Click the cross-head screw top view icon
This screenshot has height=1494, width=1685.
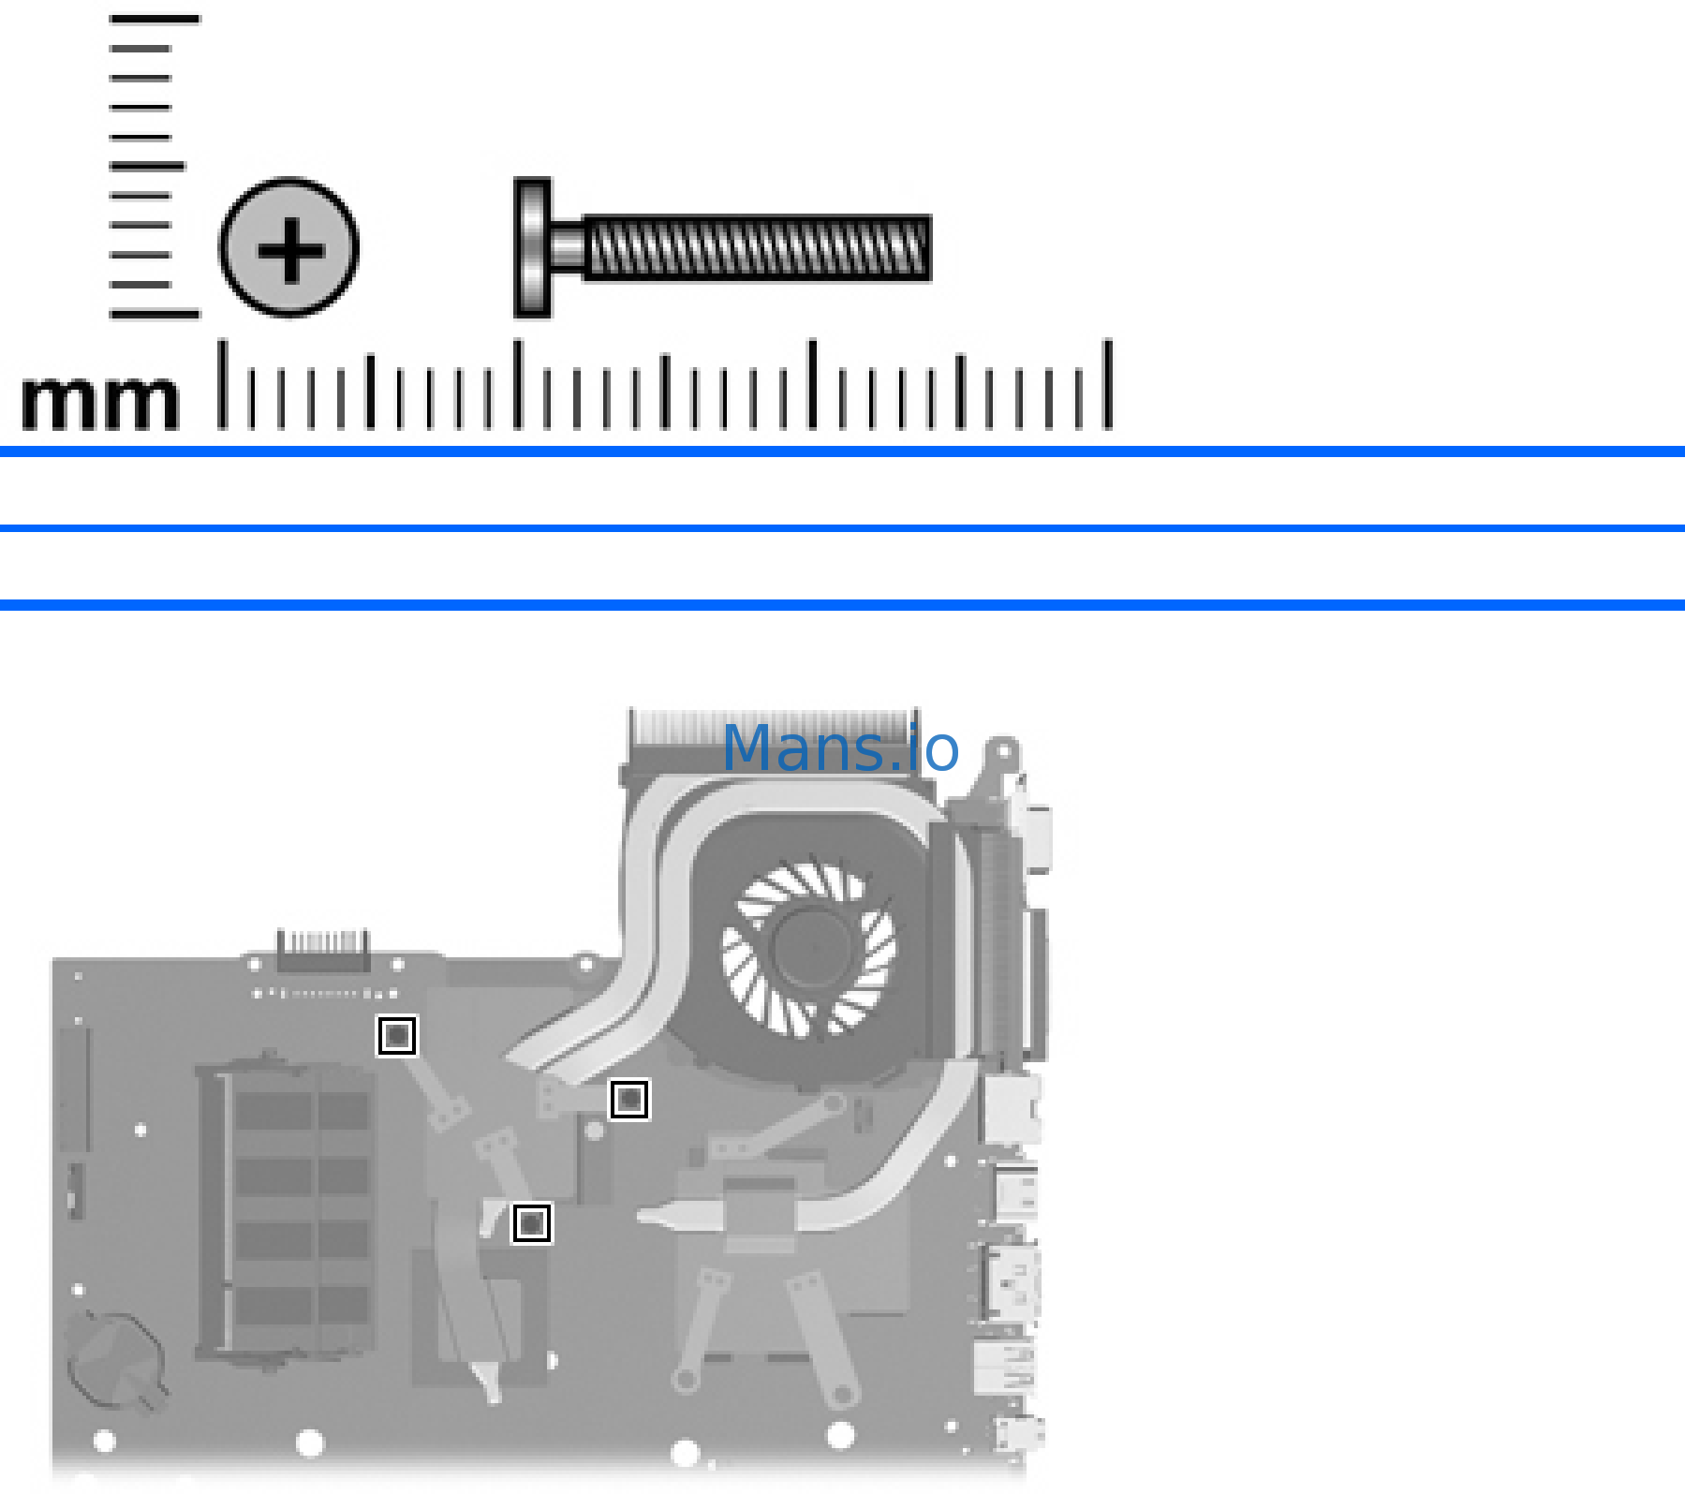pos(289,247)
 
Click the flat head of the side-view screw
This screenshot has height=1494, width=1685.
pos(531,247)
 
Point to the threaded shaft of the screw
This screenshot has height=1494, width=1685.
pos(757,248)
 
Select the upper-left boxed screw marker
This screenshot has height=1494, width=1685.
pos(396,1036)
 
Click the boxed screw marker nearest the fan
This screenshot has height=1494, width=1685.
pos(629,1099)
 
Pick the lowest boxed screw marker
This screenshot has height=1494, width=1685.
pos(532,1223)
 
